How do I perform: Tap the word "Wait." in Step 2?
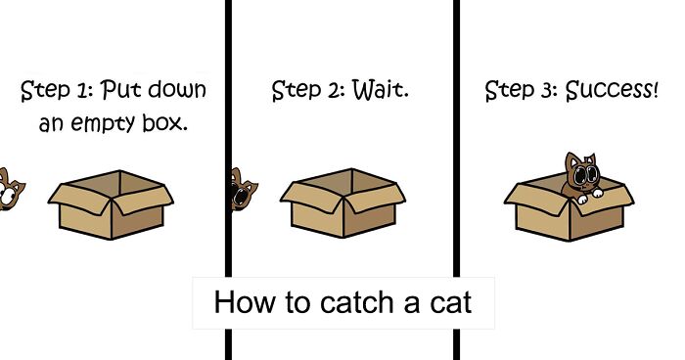pyautogui.click(x=375, y=92)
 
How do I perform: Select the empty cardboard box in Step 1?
pyautogui.click(x=110, y=207)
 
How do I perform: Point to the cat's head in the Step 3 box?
pyautogui.click(x=581, y=173)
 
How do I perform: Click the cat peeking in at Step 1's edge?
pyautogui.click(x=12, y=188)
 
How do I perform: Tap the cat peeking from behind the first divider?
pyautogui.click(x=238, y=188)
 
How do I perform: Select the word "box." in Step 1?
pyautogui.click(x=162, y=124)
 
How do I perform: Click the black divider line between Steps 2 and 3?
pyautogui.click(x=457, y=147)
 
